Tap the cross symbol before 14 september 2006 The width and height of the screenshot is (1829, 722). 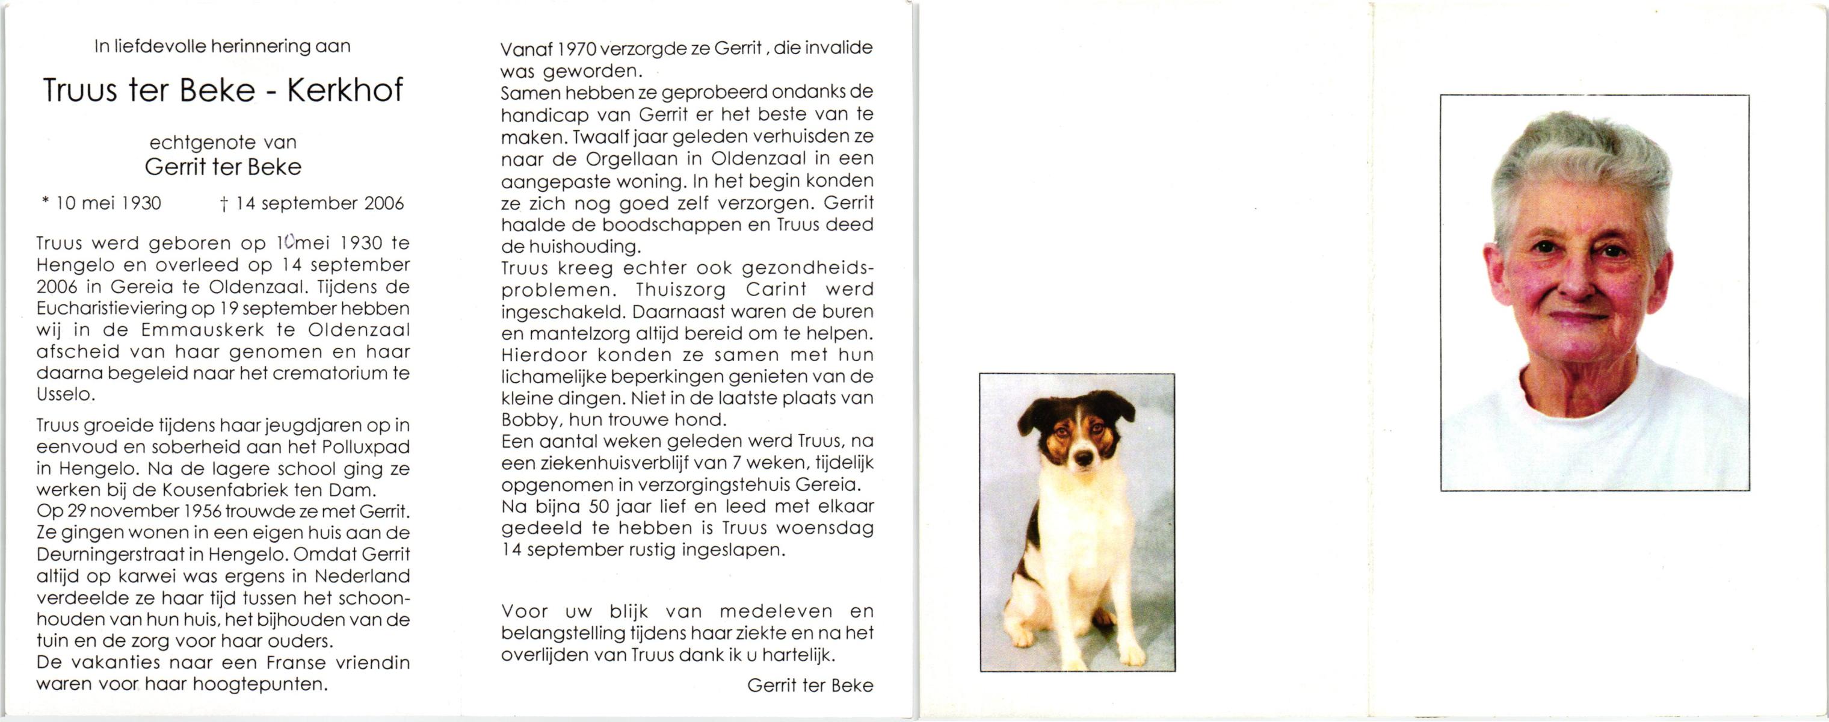[224, 205]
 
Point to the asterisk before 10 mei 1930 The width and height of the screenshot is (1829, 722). [46, 202]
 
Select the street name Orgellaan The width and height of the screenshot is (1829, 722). [636, 158]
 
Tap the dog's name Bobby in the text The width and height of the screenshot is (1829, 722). [532, 419]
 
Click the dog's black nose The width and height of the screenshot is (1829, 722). [1083, 458]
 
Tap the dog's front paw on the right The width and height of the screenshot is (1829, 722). [1133, 655]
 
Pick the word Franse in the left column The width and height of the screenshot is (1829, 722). [296, 663]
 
